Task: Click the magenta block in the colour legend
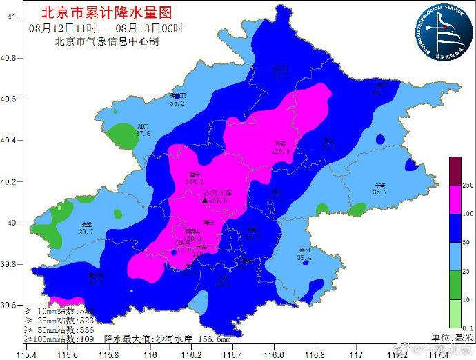coord(455,199)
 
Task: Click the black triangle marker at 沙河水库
coord(204,200)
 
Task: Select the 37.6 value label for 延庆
coord(143,134)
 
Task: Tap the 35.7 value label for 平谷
coord(380,192)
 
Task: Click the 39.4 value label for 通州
coord(304,258)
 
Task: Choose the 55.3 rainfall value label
coord(177,103)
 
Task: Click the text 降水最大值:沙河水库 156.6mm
coord(168,339)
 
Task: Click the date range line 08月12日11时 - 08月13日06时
coord(107,28)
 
